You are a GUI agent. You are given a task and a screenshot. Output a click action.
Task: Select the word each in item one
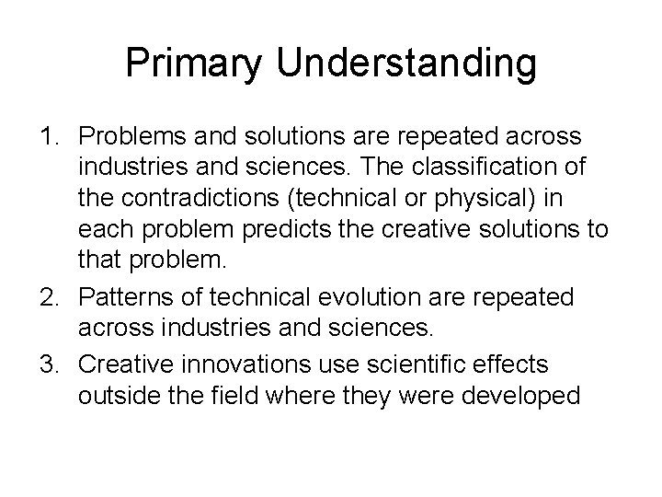(x=102, y=235)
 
